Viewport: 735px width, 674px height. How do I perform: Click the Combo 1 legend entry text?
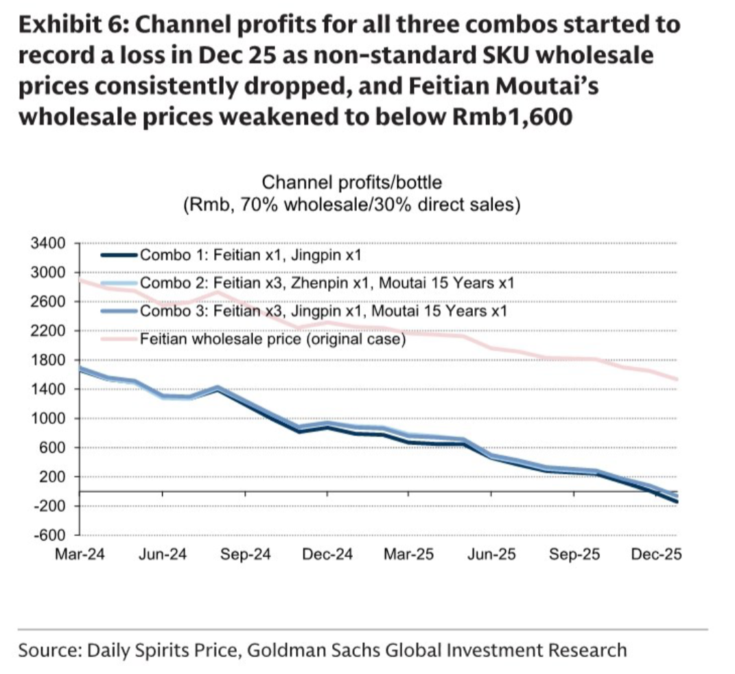tap(250, 256)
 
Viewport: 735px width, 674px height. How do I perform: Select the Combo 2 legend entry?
tap(326, 283)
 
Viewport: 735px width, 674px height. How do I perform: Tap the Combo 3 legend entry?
tap(323, 310)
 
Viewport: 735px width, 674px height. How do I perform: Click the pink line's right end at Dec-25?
tap(677, 379)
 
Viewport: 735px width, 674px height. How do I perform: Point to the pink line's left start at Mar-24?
tap(81, 279)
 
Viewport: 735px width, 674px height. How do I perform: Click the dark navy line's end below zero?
tap(677, 502)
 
